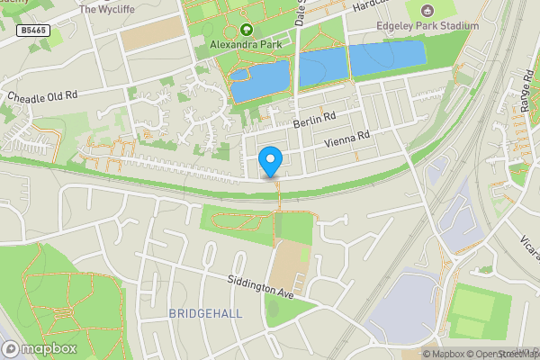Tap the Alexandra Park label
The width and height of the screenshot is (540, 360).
(x=246, y=42)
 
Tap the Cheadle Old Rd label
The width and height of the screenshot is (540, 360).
(x=42, y=94)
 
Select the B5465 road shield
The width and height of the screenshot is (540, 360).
(x=32, y=31)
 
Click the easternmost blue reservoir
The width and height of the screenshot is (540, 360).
(x=386, y=58)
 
